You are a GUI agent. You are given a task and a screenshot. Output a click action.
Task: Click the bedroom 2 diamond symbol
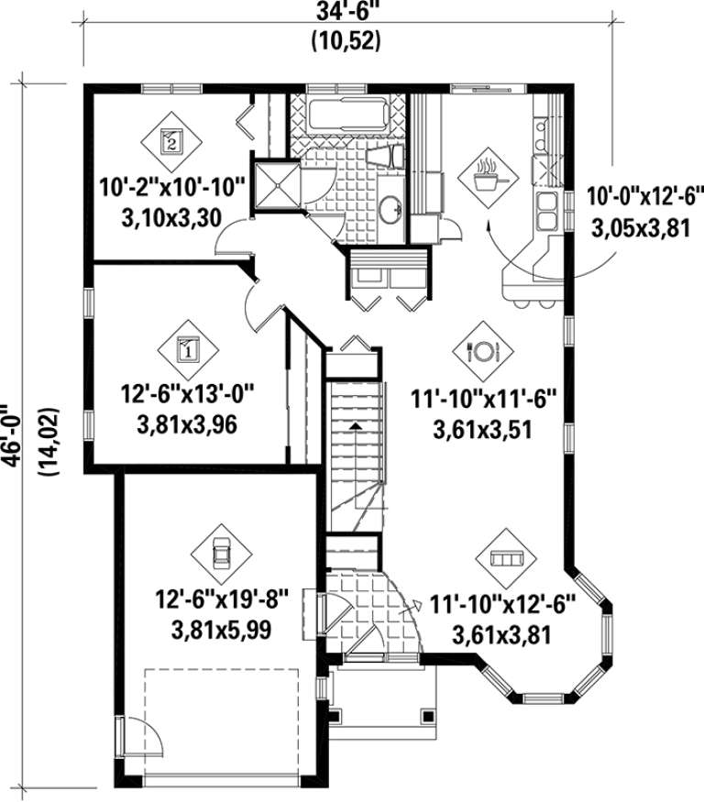(170, 141)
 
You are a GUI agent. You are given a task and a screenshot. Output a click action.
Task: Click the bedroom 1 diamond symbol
(188, 350)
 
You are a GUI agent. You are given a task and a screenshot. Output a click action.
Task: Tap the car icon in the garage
(221, 554)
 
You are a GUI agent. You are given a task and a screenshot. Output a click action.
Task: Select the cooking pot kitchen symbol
(488, 178)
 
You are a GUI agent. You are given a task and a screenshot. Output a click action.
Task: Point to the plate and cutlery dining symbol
(483, 351)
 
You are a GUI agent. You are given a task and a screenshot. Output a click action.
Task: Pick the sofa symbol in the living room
(506, 558)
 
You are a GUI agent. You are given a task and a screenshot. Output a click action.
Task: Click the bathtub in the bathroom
(347, 116)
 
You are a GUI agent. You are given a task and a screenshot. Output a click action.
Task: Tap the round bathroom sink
(391, 209)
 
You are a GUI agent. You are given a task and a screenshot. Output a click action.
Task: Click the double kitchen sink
(546, 210)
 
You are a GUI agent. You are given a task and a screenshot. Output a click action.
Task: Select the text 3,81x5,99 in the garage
(221, 630)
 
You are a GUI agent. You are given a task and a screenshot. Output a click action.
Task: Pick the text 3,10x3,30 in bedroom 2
(171, 218)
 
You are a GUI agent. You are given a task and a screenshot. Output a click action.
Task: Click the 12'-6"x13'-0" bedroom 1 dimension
(187, 394)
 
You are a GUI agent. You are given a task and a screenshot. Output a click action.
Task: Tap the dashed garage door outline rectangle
(222, 725)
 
